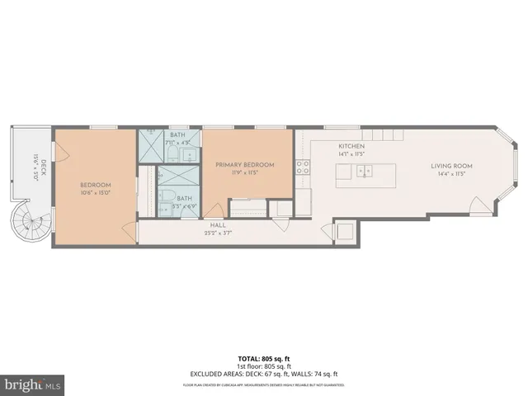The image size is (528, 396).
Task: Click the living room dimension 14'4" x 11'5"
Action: point(450,174)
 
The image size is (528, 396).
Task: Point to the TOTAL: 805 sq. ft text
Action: point(263,360)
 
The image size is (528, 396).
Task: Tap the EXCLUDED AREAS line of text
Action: point(263,375)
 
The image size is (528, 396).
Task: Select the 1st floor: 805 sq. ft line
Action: point(263,367)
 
